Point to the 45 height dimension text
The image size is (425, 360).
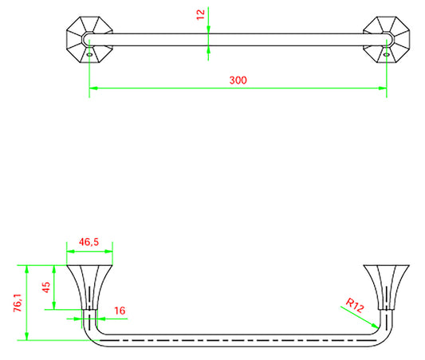click(x=46, y=287)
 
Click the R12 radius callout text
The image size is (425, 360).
click(x=356, y=303)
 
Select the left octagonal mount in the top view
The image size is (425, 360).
click(x=87, y=40)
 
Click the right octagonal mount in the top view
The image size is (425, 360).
click(x=387, y=40)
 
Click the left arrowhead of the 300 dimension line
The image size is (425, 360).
click(x=92, y=88)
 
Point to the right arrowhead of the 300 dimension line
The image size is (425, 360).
click(x=383, y=88)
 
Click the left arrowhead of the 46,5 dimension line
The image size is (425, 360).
click(x=69, y=248)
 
